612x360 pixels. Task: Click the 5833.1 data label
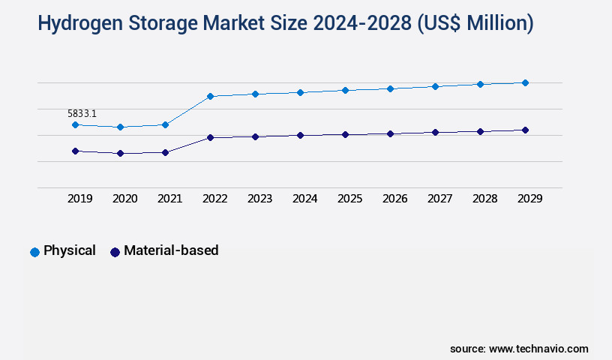click(x=82, y=113)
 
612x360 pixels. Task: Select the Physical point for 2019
click(x=75, y=124)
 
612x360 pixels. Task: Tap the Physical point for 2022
click(x=210, y=96)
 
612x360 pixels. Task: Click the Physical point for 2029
click(x=525, y=82)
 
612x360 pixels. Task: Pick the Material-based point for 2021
click(x=165, y=152)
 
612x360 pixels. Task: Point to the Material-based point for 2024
click(x=300, y=135)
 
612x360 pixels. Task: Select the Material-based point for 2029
click(x=525, y=130)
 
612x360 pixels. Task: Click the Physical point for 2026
click(x=390, y=88)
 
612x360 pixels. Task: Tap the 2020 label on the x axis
click(x=124, y=199)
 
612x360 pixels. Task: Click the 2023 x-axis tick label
click(x=259, y=199)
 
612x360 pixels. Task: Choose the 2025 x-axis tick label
click(x=349, y=199)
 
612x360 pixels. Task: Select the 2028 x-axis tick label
click(x=484, y=199)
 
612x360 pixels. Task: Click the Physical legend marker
click(x=34, y=252)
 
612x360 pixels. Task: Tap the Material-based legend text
click(x=171, y=250)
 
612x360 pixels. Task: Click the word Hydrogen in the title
click(x=79, y=24)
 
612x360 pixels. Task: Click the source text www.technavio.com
click(x=538, y=349)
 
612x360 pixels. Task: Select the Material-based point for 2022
click(x=210, y=137)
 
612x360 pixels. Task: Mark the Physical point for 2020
click(x=120, y=127)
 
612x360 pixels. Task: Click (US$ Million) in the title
click(x=474, y=24)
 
